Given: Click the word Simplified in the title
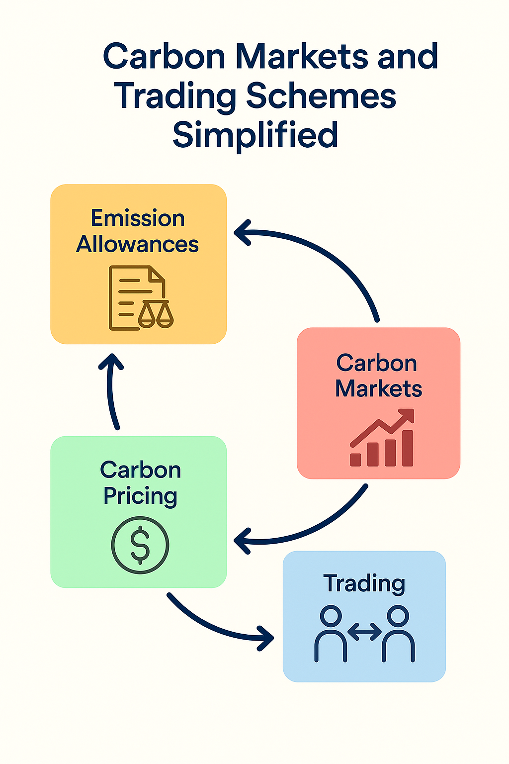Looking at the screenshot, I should click(255, 135).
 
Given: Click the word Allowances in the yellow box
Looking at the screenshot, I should click(137, 244).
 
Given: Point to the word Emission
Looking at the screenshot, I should click(138, 218).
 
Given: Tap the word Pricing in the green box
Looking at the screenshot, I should click(140, 496).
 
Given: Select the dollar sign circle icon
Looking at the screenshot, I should click(140, 545).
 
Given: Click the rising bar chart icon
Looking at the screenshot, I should click(382, 438).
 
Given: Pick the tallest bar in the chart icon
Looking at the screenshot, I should click(408, 448).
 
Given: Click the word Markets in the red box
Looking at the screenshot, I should click(378, 388).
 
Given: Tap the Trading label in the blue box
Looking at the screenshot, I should click(364, 583).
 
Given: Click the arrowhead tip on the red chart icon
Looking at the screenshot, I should click(410, 412).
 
